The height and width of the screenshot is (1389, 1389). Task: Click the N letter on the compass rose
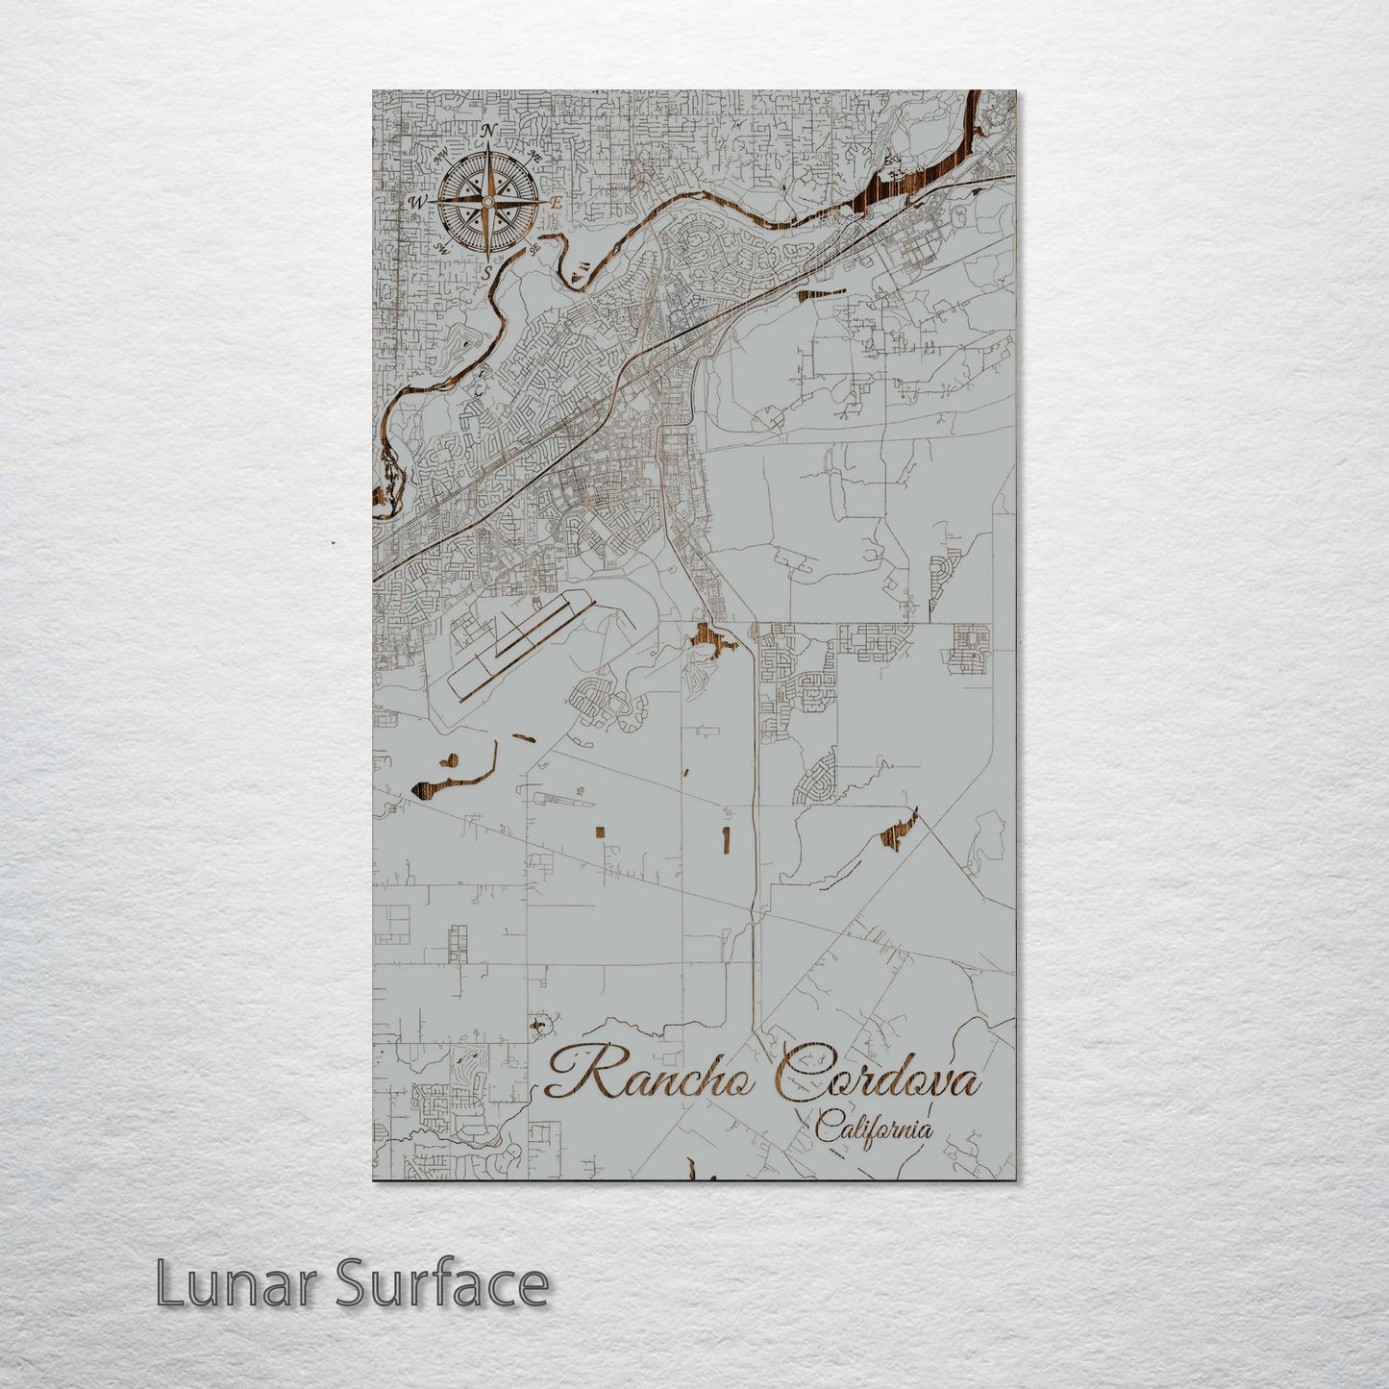488,131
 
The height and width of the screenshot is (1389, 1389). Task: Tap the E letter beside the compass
557,203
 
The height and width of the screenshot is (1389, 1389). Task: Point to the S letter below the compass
487,272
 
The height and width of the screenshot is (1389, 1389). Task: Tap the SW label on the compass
442,248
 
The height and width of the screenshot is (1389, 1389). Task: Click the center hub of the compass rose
487,202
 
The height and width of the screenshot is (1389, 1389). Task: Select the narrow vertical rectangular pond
726,838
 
